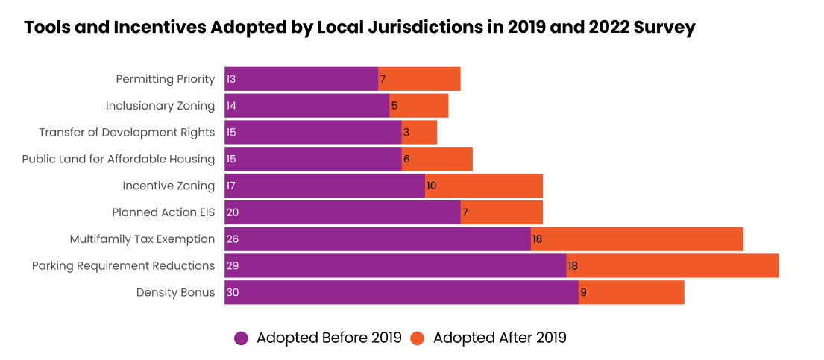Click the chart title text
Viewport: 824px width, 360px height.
click(359, 28)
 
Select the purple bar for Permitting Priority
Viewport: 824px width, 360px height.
click(301, 79)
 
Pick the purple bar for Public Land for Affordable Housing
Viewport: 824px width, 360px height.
click(313, 159)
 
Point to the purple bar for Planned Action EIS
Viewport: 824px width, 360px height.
click(342, 212)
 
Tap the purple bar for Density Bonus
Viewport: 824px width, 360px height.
click(401, 292)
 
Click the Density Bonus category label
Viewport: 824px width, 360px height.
click(175, 293)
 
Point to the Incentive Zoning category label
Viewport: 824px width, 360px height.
click(169, 186)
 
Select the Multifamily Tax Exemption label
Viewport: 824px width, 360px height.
click(142, 239)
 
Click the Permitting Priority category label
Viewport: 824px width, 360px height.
click(166, 79)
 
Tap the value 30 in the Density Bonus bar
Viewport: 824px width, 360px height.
click(233, 293)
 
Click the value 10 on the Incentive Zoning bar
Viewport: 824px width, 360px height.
click(432, 186)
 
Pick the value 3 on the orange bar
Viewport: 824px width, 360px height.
click(406, 133)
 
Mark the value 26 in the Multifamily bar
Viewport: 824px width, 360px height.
click(233, 239)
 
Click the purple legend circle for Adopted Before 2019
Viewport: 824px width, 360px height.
click(241, 338)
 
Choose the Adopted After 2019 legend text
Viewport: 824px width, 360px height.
click(500, 338)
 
